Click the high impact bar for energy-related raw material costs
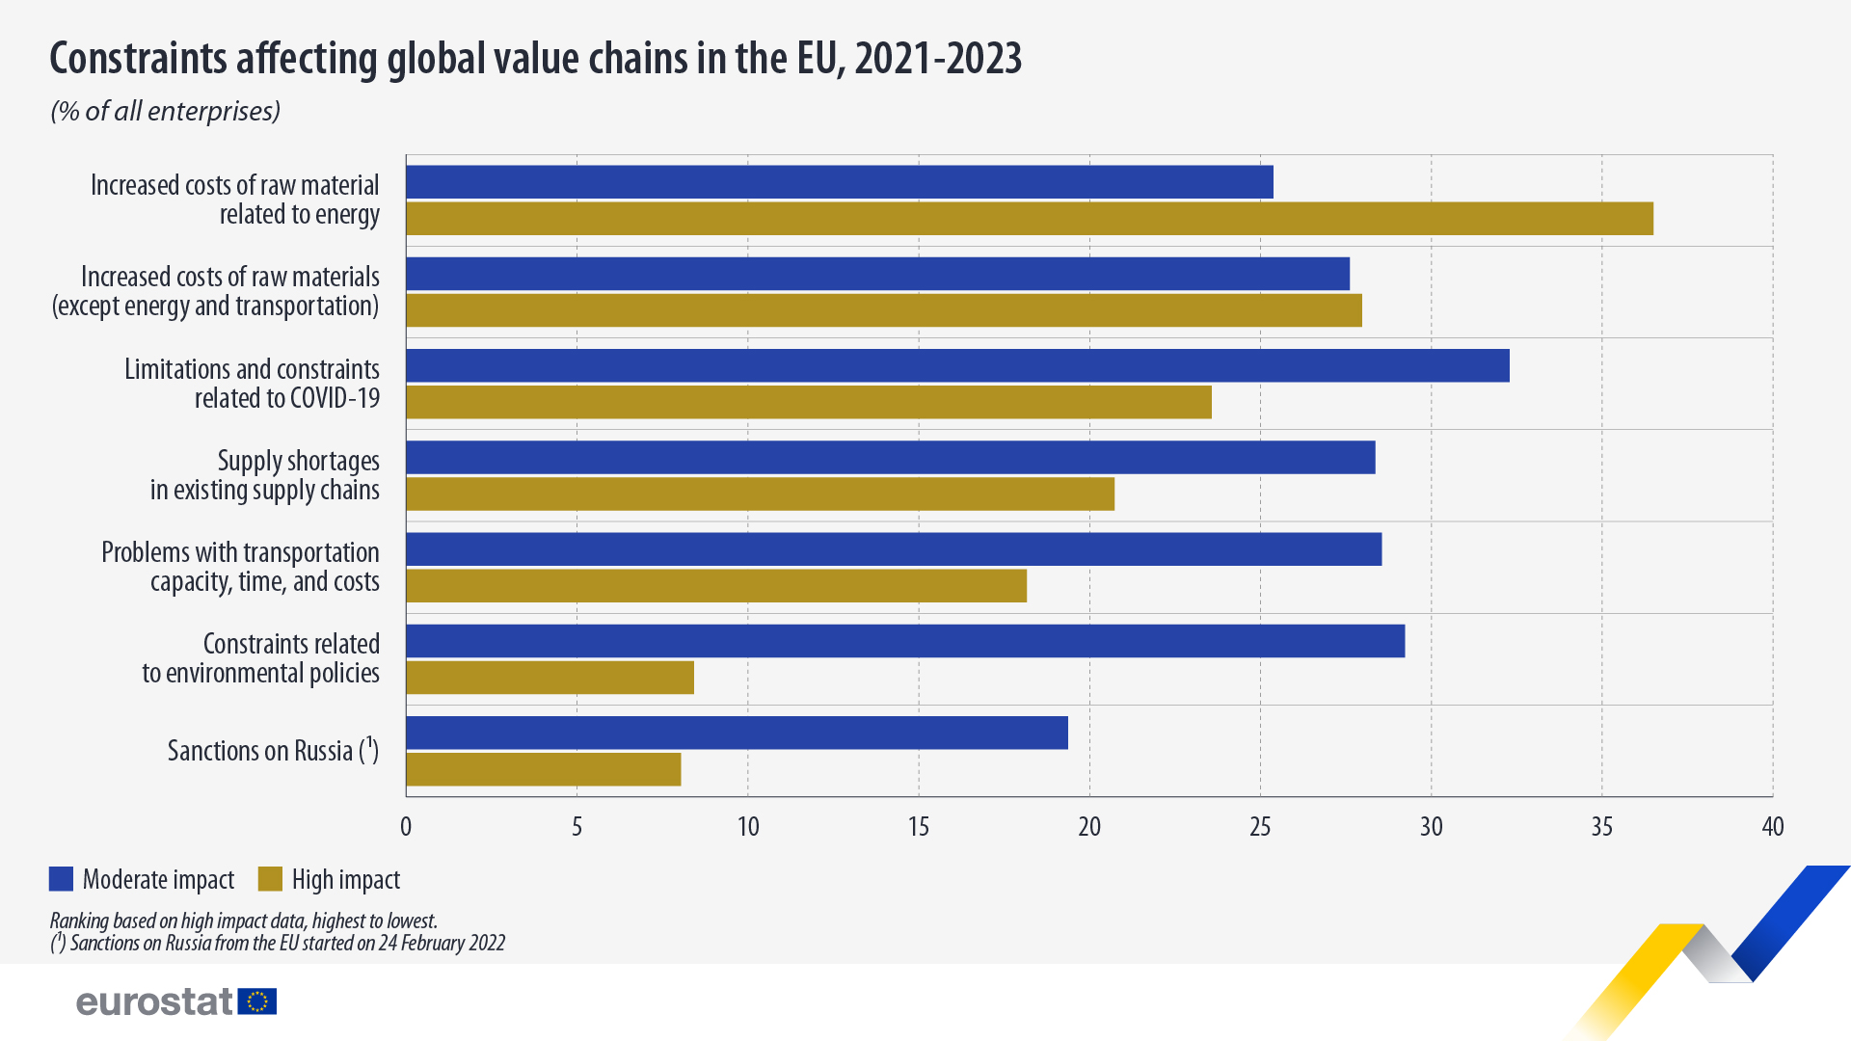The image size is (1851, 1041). pyautogui.click(x=1029, y=219)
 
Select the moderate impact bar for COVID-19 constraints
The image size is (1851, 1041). pyautogui.click(x=957, y=365)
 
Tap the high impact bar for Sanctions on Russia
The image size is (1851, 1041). pyautogui.click(x=543, y=769)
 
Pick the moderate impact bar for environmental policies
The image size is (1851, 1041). pyautogui.click(x=905, y=641)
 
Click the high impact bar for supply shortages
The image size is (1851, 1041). pyautogui.click(x=760, y=494)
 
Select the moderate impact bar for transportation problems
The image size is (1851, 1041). pyautogui.click(x=894, y=549)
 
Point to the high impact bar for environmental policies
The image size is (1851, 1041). pyautogui.click(x=550, y=678)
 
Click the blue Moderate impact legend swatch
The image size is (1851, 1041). pyautogui.click(x=61, y=879)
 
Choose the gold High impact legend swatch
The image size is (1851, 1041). pyautogui.click(x=270, y=879)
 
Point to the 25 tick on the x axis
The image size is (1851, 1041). pyautogui.click(x=1260, y=827)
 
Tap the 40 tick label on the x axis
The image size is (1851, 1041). pyautogui.click(x=1772, y=827)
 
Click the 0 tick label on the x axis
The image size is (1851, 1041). pyautogui.click(x=406, y=827)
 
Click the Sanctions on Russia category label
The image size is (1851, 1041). pyautogui.click(x=273, y=751)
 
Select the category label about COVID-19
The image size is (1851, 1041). pyautogui.click(x=252, y=384)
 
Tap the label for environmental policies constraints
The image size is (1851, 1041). pyautogui.click(x=261, y=658)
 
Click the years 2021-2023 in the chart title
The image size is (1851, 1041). pyautogui.click(x=937, y=59)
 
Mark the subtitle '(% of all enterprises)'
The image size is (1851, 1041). pyautogui.click(x=165, y=112)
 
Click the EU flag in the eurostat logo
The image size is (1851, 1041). pyautogui.click(x=257, y=1001)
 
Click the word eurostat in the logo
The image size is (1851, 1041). pyautogui.click(x=155, y=1002)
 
